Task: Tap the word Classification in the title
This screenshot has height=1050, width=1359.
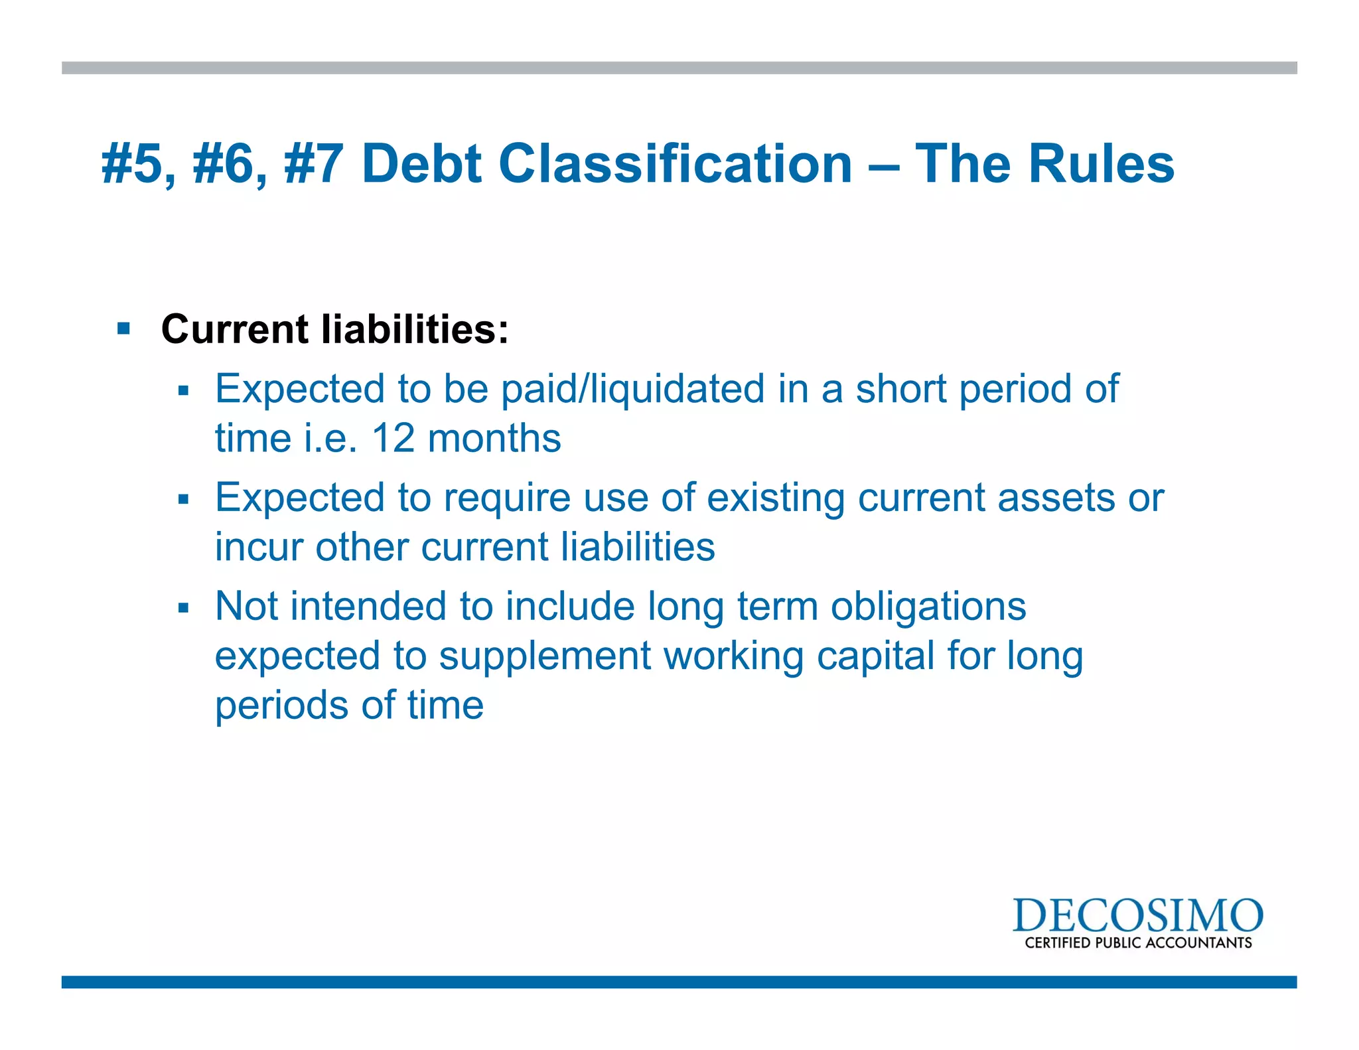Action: [675, 163]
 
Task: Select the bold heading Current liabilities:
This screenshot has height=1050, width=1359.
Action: [334, 329]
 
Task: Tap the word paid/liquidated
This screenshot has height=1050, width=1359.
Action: [632, 389]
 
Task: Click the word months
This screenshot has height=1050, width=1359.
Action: [494, 439]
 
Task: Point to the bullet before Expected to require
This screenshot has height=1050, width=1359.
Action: [184, 499]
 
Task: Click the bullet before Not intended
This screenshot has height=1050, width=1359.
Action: [184, 608]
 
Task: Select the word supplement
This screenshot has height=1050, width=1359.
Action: [545, 656]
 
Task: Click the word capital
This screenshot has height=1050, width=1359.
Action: [875, 656]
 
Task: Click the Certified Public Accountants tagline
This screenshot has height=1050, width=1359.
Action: [1137, 943]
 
